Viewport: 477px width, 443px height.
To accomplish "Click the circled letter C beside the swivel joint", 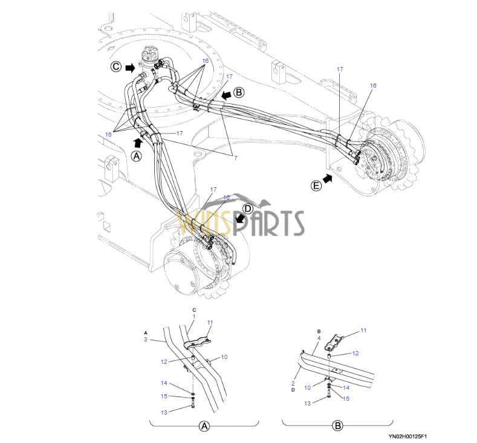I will coord(115,67).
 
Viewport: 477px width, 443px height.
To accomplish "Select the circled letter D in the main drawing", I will coord(247,209).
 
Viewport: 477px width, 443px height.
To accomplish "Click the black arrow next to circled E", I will coord(329,178).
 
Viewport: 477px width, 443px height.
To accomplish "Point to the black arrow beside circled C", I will coord(129,68).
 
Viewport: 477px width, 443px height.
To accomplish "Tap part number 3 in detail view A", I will coord(146,340).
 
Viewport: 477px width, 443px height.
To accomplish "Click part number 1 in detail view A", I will coord(194,316).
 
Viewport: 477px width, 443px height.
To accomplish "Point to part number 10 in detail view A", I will coord(224,357).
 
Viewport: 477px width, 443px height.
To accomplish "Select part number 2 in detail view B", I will coord(293,383).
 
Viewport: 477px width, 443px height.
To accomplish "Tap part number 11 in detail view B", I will coord(363,331).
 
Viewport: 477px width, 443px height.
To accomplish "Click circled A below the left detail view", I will coord(204,426).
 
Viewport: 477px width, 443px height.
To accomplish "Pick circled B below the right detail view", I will coord(337,426).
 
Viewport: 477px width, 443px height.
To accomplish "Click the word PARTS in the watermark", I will coord(273,222).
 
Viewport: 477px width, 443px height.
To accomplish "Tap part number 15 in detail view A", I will coord(164,396).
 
